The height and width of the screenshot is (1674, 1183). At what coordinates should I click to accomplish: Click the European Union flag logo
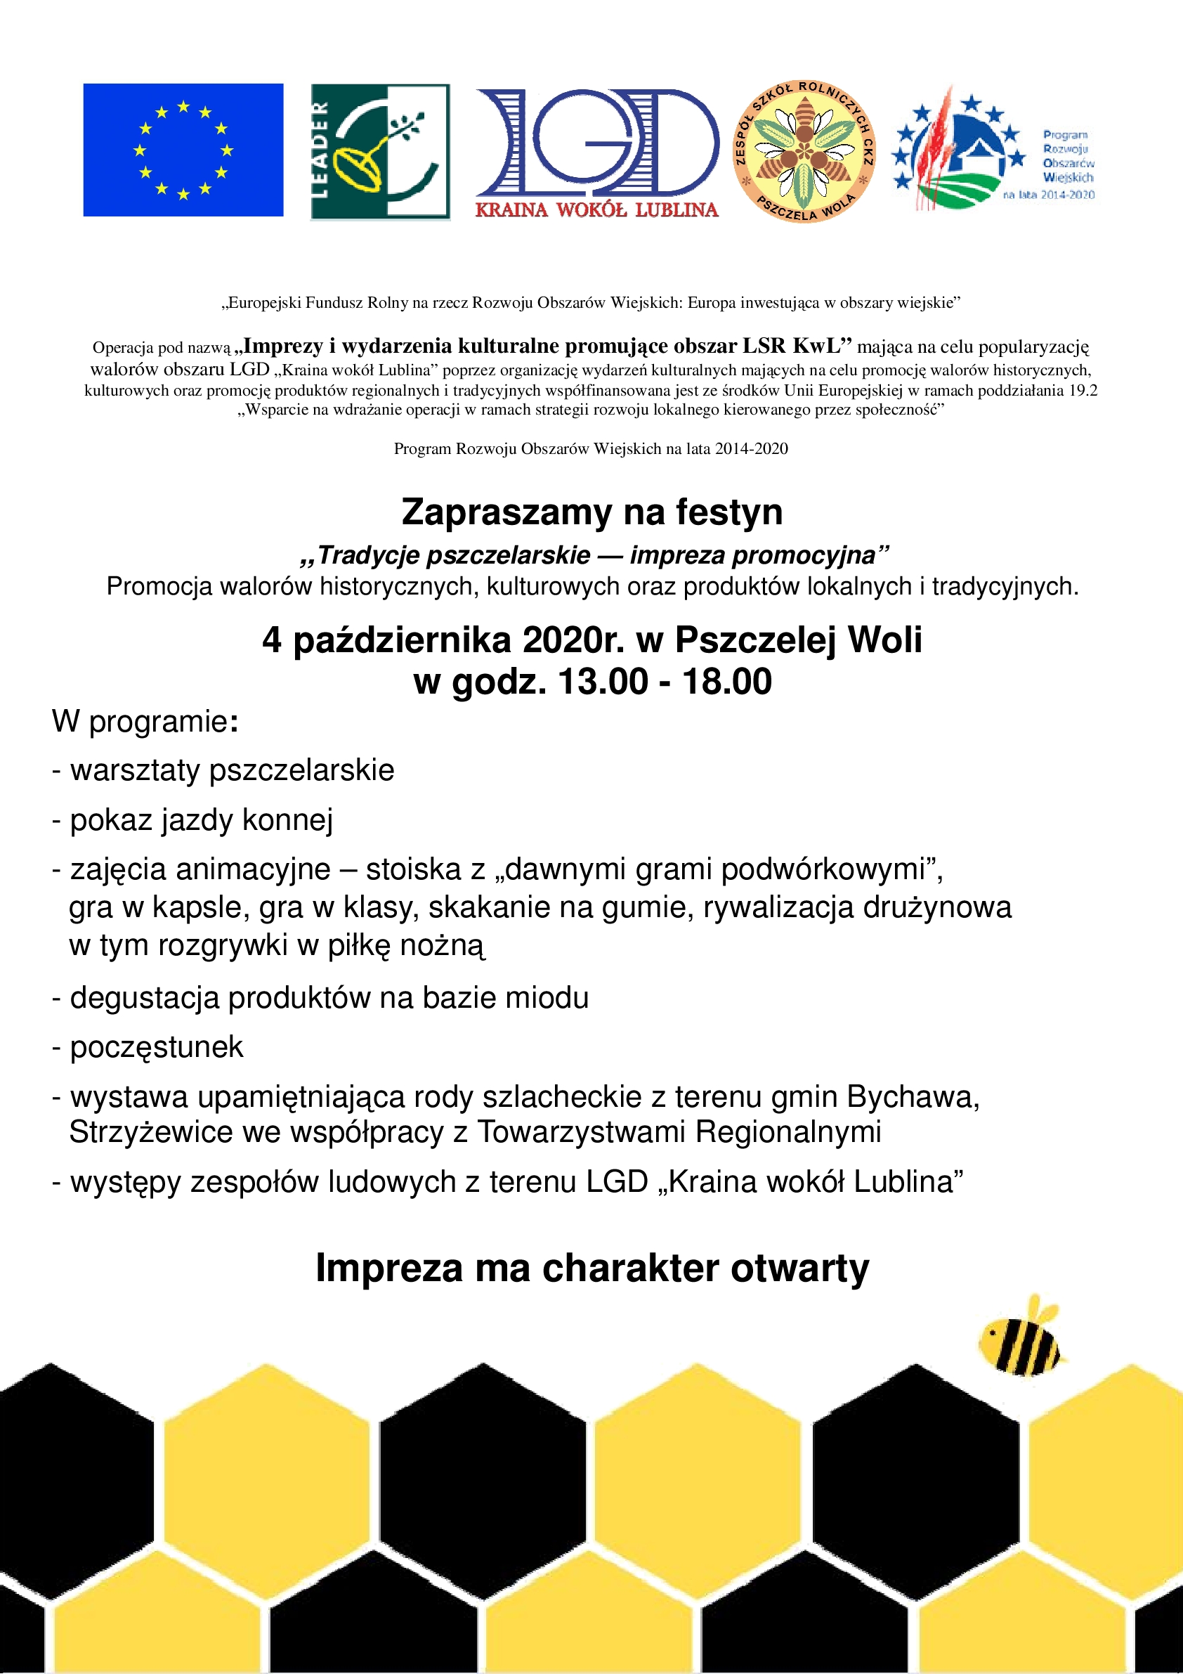(x=183, y=150)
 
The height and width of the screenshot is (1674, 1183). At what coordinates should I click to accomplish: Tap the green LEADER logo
(x=380, y=152)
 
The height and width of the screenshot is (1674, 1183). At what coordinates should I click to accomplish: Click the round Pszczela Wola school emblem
(x=803, y=152)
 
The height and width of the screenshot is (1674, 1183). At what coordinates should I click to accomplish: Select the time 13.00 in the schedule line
(x=602, y=682)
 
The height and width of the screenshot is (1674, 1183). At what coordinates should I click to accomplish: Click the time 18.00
(x=726, y=682)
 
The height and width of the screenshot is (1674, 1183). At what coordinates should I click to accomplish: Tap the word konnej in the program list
(x=287, y=820)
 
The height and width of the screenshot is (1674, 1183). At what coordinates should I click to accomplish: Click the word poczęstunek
(x=156, y=1047)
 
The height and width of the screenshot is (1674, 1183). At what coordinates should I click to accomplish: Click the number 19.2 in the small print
(x=1083, y=391)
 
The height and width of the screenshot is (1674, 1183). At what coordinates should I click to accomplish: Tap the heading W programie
(x=144, y=722)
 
